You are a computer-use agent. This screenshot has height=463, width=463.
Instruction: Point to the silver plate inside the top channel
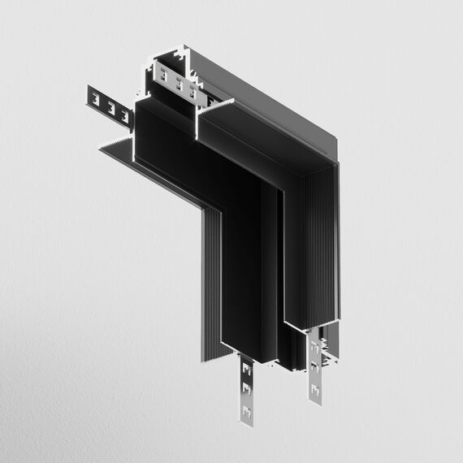(176, 82)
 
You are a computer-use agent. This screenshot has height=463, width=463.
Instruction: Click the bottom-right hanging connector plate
(314, 370)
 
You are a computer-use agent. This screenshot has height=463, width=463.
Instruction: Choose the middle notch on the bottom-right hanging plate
(314, 368)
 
